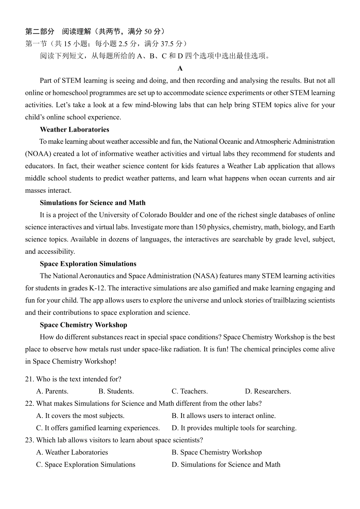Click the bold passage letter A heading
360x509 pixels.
[180, 68]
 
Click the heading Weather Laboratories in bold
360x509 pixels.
[74, 129]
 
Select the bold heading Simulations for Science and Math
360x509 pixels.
[92, 203]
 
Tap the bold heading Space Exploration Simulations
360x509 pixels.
[88, 264]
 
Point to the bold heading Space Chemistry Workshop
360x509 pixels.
[83, 325]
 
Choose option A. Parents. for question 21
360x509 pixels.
[52, 391]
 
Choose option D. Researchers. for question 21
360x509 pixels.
[268, 391]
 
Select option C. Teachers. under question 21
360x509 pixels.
[189, 391]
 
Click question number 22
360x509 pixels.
[30, 403]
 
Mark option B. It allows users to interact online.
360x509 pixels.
[224, 416]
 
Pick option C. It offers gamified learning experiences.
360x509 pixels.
[98, 428]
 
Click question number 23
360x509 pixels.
[30, 440]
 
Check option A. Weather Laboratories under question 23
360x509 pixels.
[72, 452]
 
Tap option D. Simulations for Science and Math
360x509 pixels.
[226, 464]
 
